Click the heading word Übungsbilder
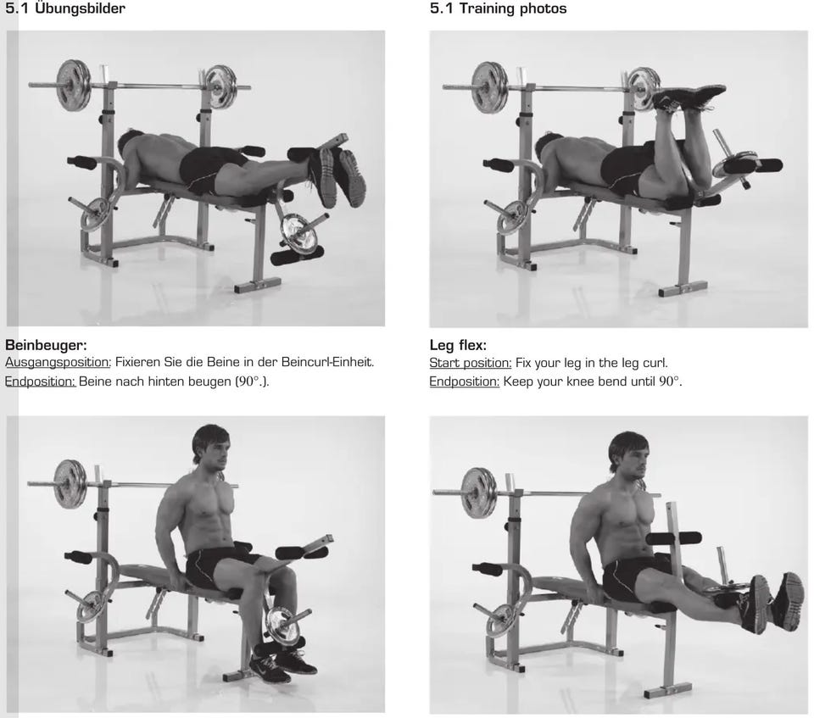click(80, 8)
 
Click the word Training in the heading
click(487, 8)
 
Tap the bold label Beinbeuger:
click(46, 345)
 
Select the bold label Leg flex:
click(458, 345)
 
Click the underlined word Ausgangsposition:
click(59, 362)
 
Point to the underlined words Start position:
click(471, 363)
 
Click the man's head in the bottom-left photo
click(210, 445)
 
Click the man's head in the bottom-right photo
click(628, 454)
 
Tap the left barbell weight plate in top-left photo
click(74, 86)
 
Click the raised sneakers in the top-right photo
click(688, 97)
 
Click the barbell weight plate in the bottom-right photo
click(478, 493)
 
